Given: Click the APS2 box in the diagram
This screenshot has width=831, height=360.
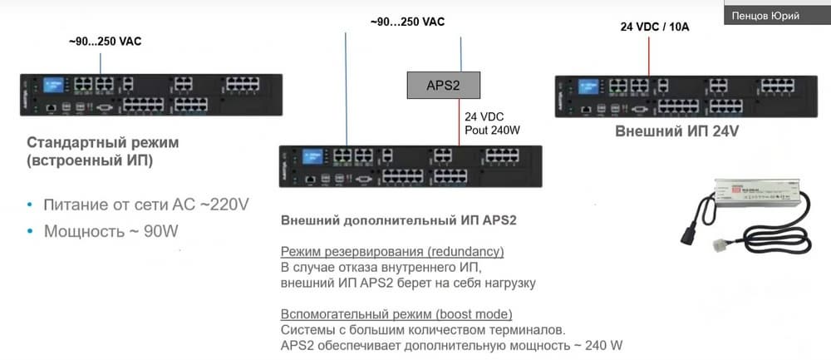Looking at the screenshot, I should click(444, 83).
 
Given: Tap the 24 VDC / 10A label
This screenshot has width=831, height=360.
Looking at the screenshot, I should click(655, 27).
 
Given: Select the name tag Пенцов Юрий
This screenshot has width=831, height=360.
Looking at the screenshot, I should click(765, 15).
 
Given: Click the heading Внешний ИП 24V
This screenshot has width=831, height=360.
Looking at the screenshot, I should click(676, 131).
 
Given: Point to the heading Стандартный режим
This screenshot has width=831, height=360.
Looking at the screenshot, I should click(103, 142).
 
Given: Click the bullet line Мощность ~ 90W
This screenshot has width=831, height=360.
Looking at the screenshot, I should click(111, 230).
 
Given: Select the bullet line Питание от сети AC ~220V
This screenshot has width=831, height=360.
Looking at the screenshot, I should click(146, 203).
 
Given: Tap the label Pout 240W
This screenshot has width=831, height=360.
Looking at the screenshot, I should click(493, 130).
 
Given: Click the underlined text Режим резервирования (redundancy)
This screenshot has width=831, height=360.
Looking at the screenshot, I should click(392, 251).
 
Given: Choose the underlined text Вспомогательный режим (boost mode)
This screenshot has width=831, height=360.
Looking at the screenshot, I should click(396, 313).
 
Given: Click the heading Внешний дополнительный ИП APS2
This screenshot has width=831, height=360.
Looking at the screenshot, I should click(399, 220).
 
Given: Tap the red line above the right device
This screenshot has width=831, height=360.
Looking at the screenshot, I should click(649, 54).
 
